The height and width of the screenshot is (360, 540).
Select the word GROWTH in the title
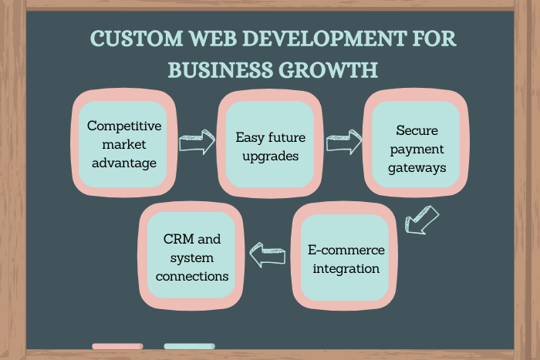(328, 69)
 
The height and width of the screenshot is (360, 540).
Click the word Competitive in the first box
(123, 125)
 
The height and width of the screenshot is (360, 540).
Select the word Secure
(416, 130)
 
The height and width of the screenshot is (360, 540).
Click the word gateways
(416, 167)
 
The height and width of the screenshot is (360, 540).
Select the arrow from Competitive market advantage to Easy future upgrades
(197, 143)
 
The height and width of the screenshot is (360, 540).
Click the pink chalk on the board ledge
(117, 346)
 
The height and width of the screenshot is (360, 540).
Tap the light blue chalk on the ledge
(189, 346)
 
